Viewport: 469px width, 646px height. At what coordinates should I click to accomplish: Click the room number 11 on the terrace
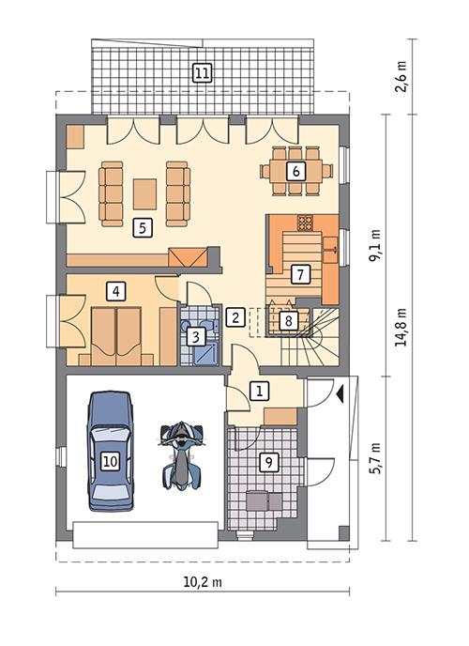pyautogui.click(x=202, y=71)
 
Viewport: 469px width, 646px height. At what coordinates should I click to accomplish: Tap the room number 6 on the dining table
pyautogui.click(x=295, y=171)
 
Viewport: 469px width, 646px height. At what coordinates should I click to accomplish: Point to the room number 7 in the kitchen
pyautogui.click(x=299, y=274)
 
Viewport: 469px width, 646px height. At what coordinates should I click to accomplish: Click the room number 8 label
pyautogui.click(x=289, y=320)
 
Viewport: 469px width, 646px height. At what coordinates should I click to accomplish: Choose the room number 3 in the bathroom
pyautogui.click(x=194, y=335)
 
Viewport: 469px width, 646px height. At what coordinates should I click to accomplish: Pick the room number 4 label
pyautogui.click(x=115, y=290)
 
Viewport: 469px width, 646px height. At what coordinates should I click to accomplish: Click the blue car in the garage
pyautogui.click(x=111, y=452)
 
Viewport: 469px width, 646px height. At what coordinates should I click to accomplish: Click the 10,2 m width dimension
pyautogui.click(x=203, y=581)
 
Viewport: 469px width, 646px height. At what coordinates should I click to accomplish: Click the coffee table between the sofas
pyautogui.click(x=145, y=193)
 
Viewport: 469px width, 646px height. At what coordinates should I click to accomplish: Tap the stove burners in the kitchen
pyautogui.click(x=305, y=223)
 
